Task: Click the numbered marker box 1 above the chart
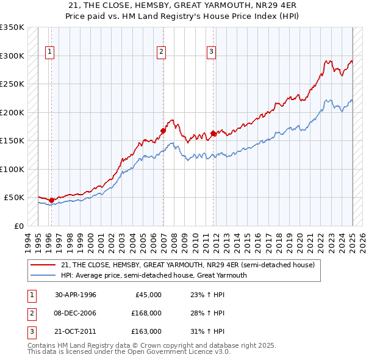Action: [x=49, y=52]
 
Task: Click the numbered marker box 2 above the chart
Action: [x=162, y=52]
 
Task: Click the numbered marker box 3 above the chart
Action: [x=211, y=52]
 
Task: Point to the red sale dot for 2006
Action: [x=163, y=131]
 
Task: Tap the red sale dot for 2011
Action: [x=213, y=133]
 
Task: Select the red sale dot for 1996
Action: [x=52, y=200]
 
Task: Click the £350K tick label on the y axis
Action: [x=12, y=27]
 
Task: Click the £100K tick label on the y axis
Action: [x=12, y=169]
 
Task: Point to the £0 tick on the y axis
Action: [x=18, y=226]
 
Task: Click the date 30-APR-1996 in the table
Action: [x=76, y=295]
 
